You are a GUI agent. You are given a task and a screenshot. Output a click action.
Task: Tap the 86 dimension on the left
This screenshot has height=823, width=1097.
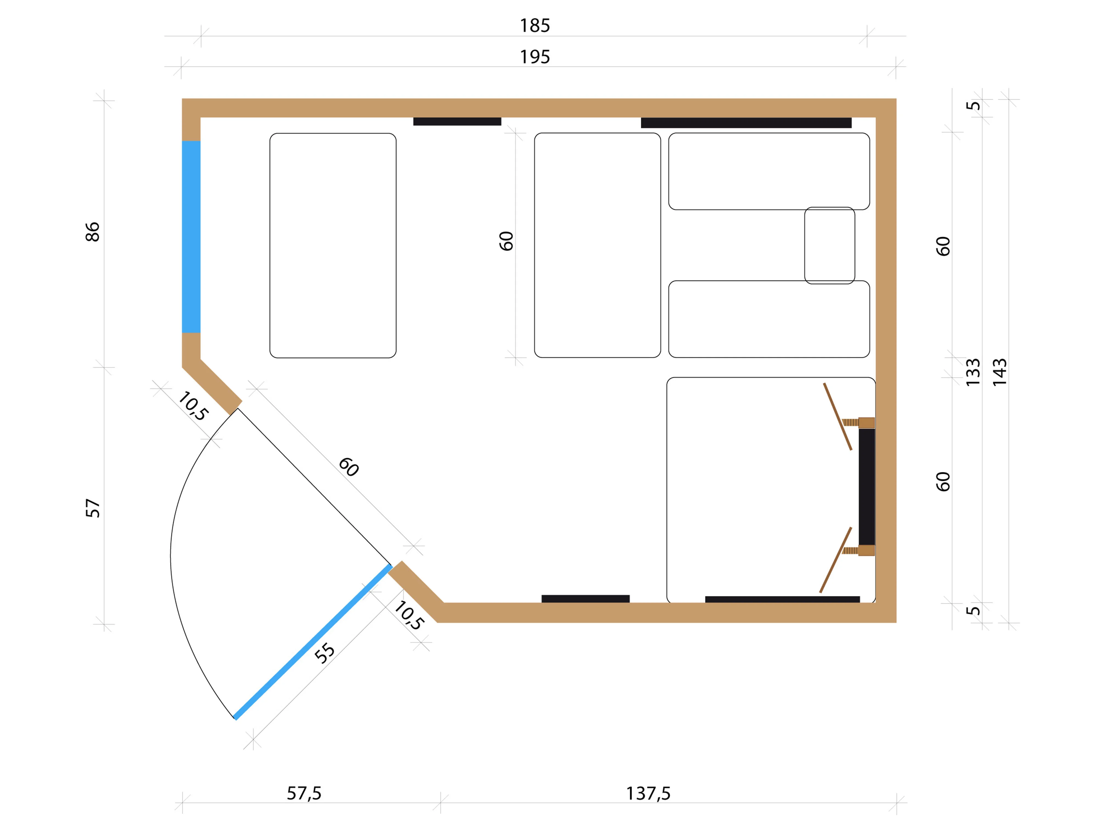93,232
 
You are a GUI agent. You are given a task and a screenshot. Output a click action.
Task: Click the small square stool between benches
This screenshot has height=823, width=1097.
830,246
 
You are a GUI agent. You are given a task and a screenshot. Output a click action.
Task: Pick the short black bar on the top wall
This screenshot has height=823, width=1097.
457,122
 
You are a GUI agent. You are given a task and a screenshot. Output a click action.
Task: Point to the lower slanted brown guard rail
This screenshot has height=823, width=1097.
836,560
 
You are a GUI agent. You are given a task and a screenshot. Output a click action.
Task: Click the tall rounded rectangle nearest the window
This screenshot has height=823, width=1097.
333,246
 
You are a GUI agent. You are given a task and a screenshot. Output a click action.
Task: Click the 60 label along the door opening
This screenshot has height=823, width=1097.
349,467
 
